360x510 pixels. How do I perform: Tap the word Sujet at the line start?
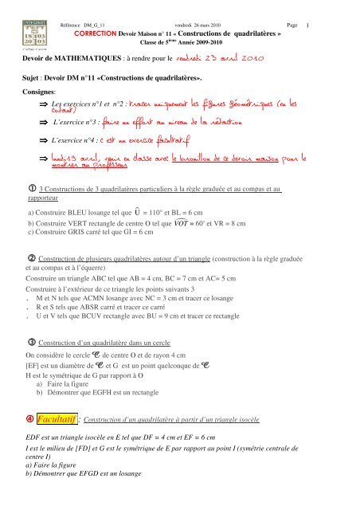33,80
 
